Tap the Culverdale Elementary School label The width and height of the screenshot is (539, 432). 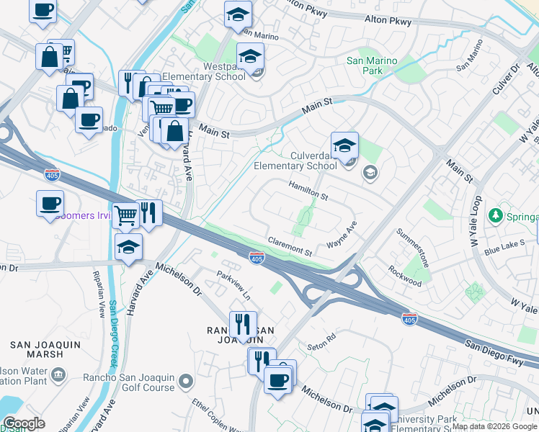tap(295, 161)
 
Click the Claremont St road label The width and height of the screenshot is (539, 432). tap(289, 247)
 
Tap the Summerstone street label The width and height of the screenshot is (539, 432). tap(414, 248)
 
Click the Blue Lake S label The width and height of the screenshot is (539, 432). tap(504, 248)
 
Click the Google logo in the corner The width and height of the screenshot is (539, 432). tap(24, 423)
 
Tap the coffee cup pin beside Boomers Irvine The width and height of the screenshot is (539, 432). tap(50, 204)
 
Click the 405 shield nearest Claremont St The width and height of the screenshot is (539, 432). tap(256, 257)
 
